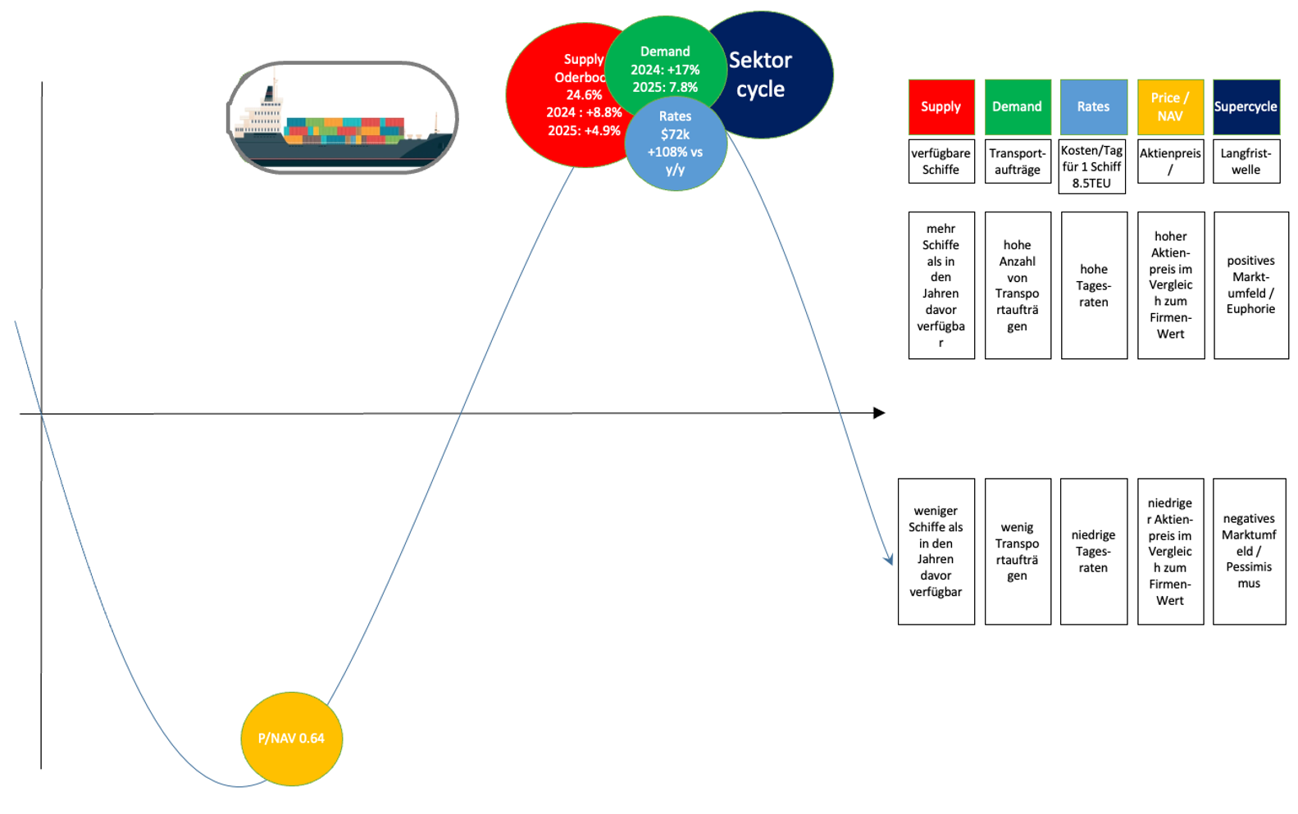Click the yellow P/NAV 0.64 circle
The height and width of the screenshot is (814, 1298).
(x=291, y=739)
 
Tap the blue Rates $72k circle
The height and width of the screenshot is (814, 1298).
(x=675, y=144)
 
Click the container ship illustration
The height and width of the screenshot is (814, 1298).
(x=342, y=118)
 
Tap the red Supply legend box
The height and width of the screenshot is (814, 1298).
(x=941, y=107)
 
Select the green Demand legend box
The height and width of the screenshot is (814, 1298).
(x=1018, y=107)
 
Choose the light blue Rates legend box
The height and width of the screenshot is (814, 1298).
(x=1093, y=107)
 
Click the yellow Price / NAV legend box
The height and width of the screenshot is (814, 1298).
(x=1170, y=107)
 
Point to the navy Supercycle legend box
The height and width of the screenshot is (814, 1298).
(x=1246, y=107)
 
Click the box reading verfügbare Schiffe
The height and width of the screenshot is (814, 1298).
(x=941, y=161)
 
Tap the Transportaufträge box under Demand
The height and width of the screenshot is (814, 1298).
(x=1018, y=161)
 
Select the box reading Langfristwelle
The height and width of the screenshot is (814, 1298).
(x=1246, y=161)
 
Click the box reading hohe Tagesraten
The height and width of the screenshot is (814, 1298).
(x=1094, y=285)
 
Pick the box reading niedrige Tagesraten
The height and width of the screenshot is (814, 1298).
(x=1093, y=551)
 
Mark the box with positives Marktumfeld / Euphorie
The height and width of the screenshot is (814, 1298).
(x=1250, y=285)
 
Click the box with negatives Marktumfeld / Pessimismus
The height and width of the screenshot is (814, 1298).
(x=1249, y=551)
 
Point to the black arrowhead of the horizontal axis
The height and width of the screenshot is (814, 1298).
(x=879, y=412)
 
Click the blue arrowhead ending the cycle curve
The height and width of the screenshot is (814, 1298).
(x=889, y=560)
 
